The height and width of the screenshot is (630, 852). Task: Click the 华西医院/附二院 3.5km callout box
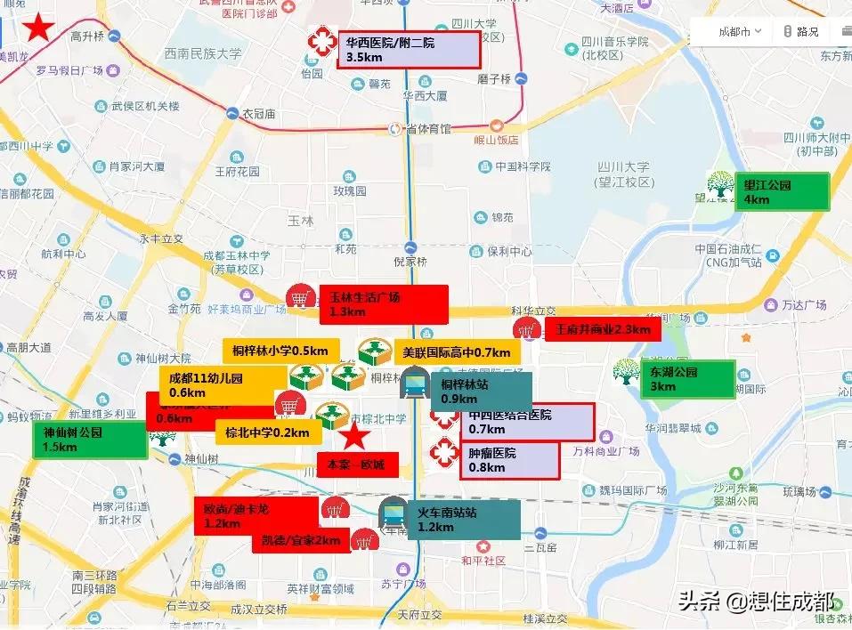click(x=409, y=50)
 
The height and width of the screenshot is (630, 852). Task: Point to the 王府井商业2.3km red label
click(x=605, y=330)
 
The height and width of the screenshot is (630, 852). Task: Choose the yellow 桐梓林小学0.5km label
click(x=280, y=351)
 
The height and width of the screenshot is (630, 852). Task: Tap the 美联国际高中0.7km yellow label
click(x=458, y=352)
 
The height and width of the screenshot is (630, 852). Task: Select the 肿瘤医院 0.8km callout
click(x=510, y=460)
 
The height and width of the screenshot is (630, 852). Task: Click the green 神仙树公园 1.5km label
click(x=89, y=440)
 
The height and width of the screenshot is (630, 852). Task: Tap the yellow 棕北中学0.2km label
click(x=268, y=433)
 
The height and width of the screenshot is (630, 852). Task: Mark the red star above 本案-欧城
click(x=355, y=436)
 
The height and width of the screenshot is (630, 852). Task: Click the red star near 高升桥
click(x=38, y=28)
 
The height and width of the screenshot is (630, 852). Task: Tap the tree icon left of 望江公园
click(x=720, y=185)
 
